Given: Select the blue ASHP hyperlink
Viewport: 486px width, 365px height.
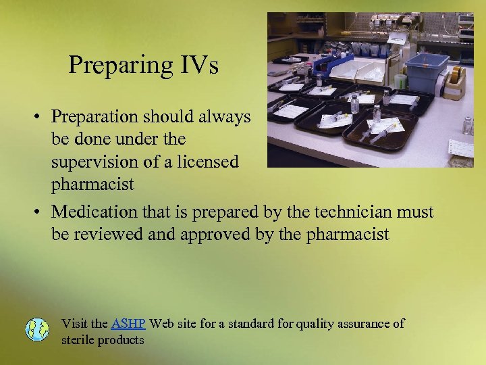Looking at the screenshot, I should [128, 323].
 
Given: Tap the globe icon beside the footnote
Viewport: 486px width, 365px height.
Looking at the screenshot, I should [37, 329].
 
